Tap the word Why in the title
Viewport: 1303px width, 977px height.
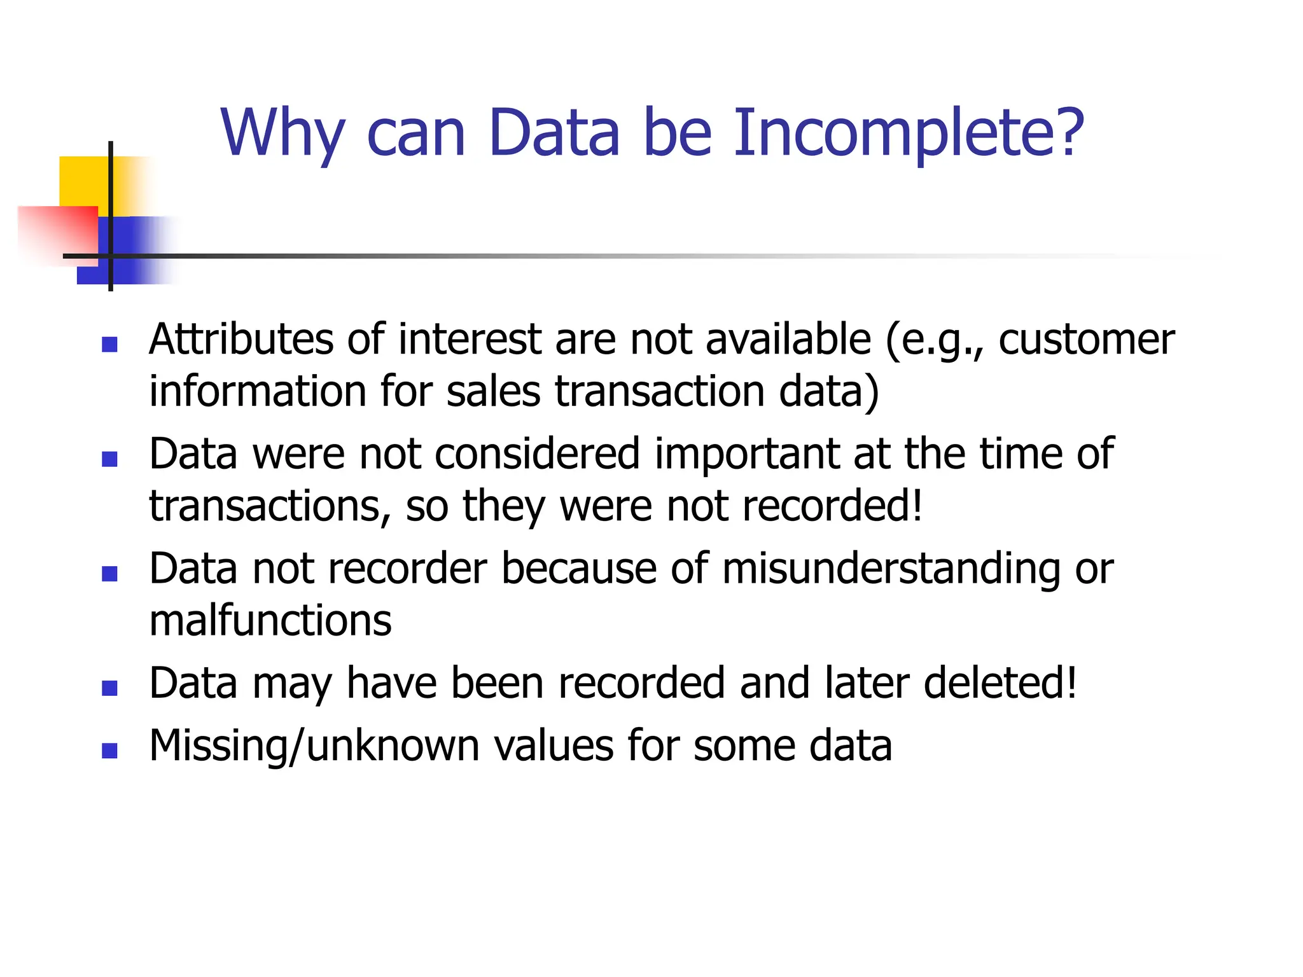(x=283, y=134)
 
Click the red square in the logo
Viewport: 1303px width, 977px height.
(x=57, y=232)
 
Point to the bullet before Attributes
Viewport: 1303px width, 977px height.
(x=109, y=344)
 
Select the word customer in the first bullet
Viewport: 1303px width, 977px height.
(x=1086, y=340)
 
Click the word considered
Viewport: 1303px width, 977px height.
(x=538, y=454)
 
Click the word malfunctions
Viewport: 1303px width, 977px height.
(x=270, y=621)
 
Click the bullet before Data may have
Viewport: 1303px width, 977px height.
(x=109, y=688)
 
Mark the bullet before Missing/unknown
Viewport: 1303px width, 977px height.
(x=109, y=751)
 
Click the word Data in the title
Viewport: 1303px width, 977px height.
(x=554, y=134)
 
